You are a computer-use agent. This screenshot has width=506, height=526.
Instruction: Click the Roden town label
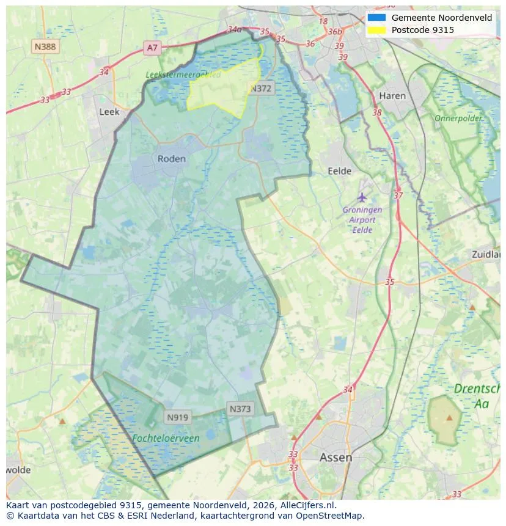(171, 158)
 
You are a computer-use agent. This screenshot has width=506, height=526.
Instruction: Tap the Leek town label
(109, 112)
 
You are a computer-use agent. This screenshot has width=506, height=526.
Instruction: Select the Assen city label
(335, 457)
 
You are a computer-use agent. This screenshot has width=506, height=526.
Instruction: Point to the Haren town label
(392, 96)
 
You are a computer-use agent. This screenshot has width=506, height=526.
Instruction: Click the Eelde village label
(340, 171)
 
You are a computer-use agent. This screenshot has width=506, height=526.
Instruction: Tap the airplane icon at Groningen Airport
(362, 197)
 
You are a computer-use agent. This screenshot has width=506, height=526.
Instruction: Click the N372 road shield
(261, 89)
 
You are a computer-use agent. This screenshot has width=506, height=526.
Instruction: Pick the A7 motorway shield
(152, 47)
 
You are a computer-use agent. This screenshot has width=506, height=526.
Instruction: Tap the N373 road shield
(240, 409)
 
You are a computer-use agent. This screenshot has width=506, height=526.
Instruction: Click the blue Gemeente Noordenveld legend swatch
(376, 18)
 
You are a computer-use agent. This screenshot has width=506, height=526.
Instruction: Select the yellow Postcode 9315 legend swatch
(376, 29)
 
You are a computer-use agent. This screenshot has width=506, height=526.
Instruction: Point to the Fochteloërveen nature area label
(166, 438)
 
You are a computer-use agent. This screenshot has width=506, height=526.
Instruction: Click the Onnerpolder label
(458, 118)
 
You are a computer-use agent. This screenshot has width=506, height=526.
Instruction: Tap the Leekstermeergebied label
(183, 75)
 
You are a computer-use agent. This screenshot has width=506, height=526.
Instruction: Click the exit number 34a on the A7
(234, 29)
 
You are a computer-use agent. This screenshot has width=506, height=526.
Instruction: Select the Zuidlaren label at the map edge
(486, 254)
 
